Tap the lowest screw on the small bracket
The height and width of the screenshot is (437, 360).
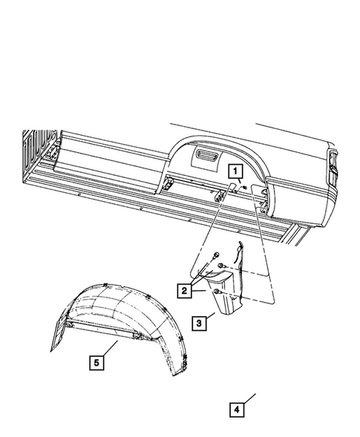pos(217,293)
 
